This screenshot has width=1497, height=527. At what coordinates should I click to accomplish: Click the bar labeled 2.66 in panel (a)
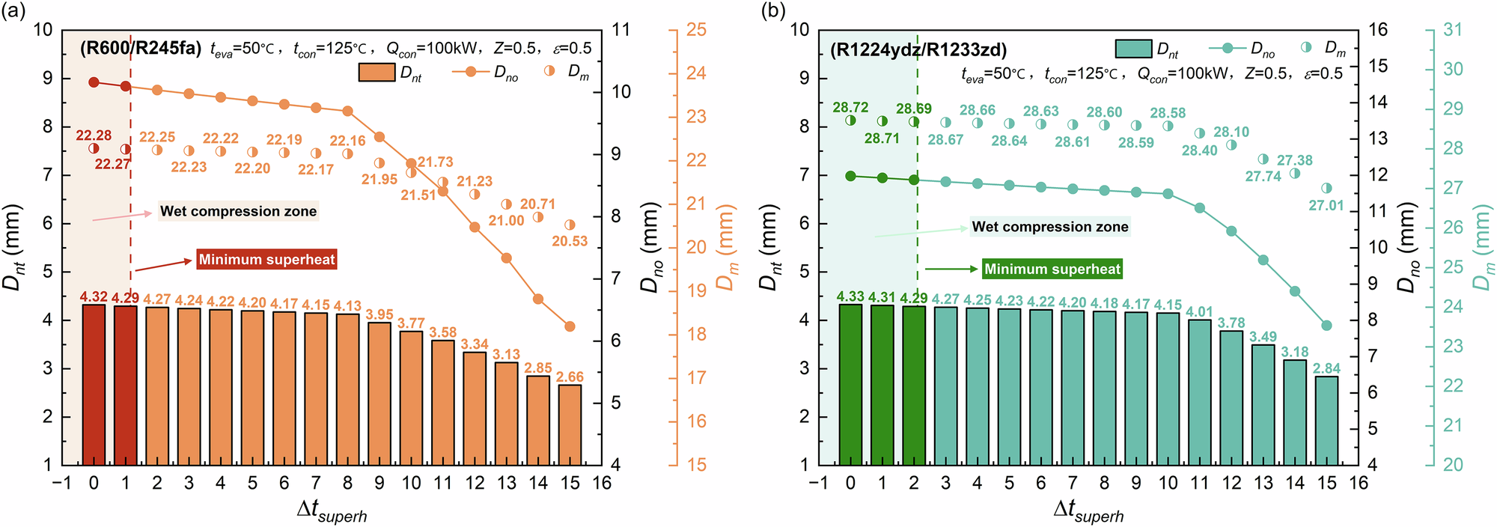click(570, 424)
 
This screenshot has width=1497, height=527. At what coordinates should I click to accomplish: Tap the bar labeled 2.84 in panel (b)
click(1326, 420)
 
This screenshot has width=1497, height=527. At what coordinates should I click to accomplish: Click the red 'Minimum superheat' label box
click(267, 260)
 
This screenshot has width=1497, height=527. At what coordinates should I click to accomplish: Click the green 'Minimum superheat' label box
click(1052, 269)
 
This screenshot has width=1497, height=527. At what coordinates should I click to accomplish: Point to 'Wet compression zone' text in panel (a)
click(239, 211)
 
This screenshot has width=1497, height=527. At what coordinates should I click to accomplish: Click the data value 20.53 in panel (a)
click(570, 241)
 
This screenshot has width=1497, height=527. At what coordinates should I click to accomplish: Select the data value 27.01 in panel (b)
click(1326, 205)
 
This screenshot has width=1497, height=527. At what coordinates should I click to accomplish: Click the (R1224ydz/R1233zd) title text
click(918, 50)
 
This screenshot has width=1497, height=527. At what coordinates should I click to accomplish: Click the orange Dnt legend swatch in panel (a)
click(376, 72)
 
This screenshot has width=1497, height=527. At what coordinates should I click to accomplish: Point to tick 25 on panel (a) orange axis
click(696, 30)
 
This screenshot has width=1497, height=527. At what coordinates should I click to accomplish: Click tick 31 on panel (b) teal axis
click(1453, 30)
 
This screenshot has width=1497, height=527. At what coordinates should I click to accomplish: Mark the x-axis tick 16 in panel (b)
click(1359, 484)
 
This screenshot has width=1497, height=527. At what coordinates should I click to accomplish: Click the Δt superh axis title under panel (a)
click(332, 511)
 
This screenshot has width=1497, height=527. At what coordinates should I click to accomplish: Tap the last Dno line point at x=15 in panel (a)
click(570, 326)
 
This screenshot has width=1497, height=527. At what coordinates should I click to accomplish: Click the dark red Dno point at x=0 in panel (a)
click(94, 82)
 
